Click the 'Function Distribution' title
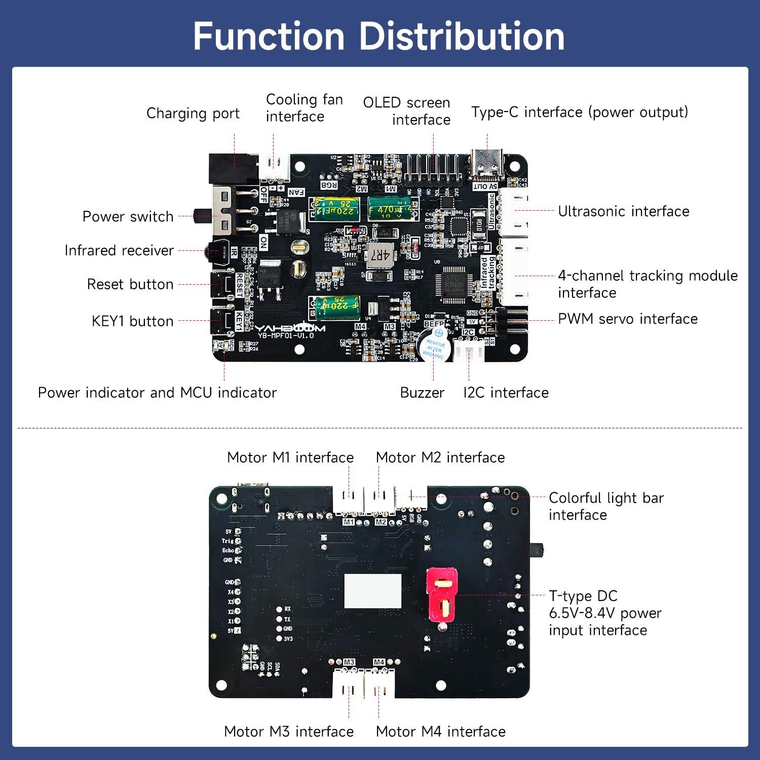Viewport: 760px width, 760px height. click(x=379, y=36)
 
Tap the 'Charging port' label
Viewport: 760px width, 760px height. click(x=193, y=113)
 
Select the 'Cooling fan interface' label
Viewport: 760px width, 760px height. click(x=304, y=108)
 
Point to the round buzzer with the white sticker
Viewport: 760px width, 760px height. click(x=433, y=345)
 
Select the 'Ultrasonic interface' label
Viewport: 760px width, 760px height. click(x=623, y=211)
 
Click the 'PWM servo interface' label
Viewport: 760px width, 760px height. click(x=627, y=319)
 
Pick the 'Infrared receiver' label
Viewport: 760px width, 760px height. click(x=119, y=250)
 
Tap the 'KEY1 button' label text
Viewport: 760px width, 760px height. click(x=132, y=321)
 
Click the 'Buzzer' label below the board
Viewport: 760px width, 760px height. click(x=422, y=393)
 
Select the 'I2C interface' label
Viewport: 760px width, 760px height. click(x=506, y=393)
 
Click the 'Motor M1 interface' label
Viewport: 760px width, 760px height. click(x=290, y=458)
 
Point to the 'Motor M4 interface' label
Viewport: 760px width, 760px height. click(x=440, y=732)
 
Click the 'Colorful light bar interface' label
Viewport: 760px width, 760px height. click(x=606, y=506)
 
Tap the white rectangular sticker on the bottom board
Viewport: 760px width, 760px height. click(x=372, y=591)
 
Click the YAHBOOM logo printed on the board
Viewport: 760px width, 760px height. click(x=290, y=328)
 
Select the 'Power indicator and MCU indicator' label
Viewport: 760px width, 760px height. click(x=157, y=393)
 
